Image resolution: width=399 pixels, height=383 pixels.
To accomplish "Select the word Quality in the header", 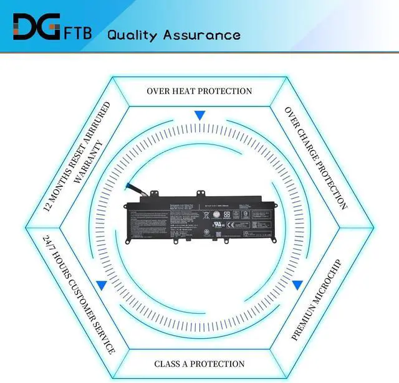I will [x=132, y=34].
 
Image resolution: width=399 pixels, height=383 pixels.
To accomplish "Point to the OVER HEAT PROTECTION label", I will [x=199, y=91].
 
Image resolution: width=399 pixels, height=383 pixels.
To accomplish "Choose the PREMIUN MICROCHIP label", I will [x=317, y=300].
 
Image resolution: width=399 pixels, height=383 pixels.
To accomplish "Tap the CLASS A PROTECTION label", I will [x=199, y=364].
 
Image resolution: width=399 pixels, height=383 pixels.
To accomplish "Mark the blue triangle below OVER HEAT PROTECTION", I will [x=199, y=115].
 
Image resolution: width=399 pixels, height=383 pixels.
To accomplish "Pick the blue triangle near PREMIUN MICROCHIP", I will [x=298, y=285].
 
